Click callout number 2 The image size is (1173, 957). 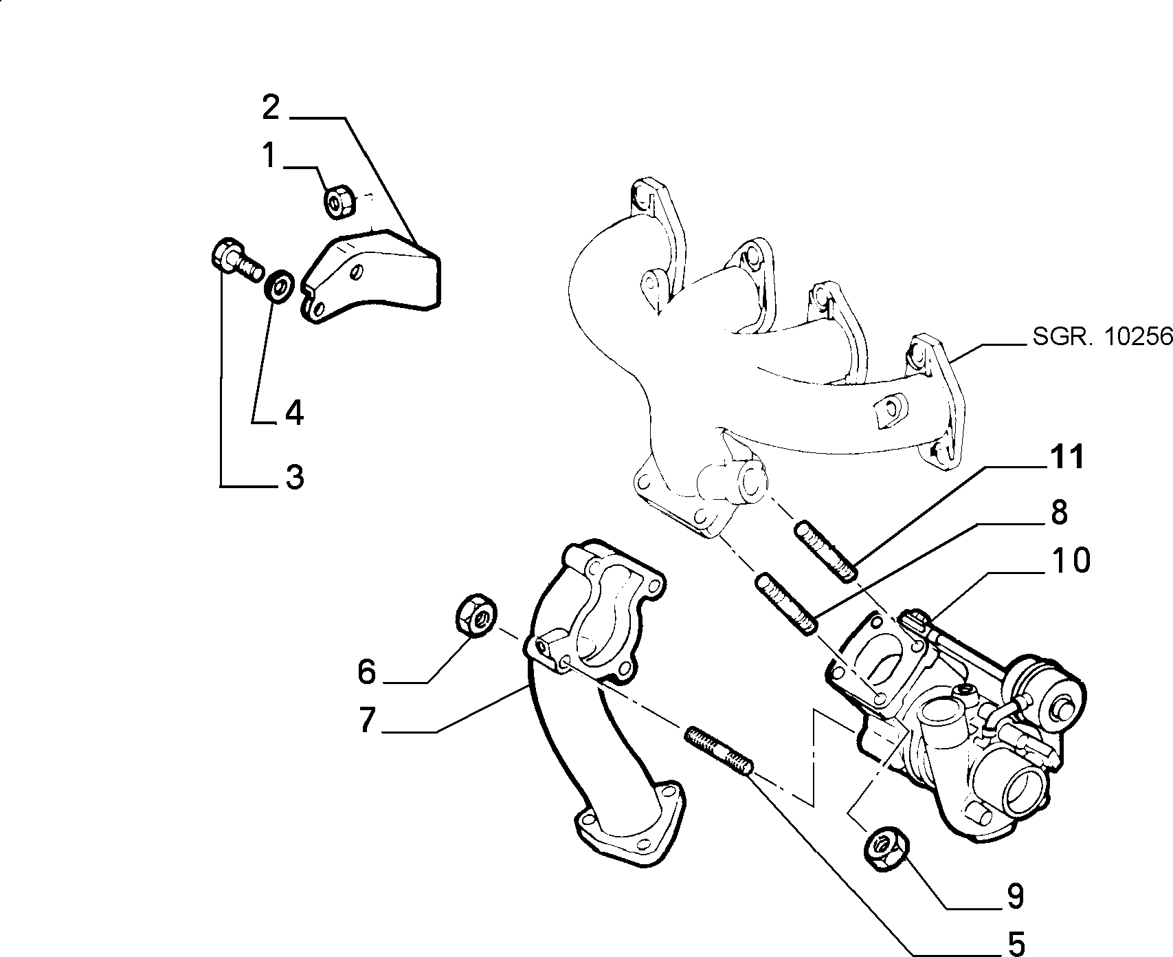(x=271, y=109)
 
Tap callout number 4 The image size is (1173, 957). (x=294, y=412)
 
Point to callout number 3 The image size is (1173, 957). (x=295, y=476)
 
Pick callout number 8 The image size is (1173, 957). (x=1060, y=513)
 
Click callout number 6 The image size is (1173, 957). (x=367, y=671)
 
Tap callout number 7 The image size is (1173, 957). (x=368, y=720)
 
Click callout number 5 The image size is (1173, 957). (x=1015, y=942)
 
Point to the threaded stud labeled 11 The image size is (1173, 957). (x=826, y=551)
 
